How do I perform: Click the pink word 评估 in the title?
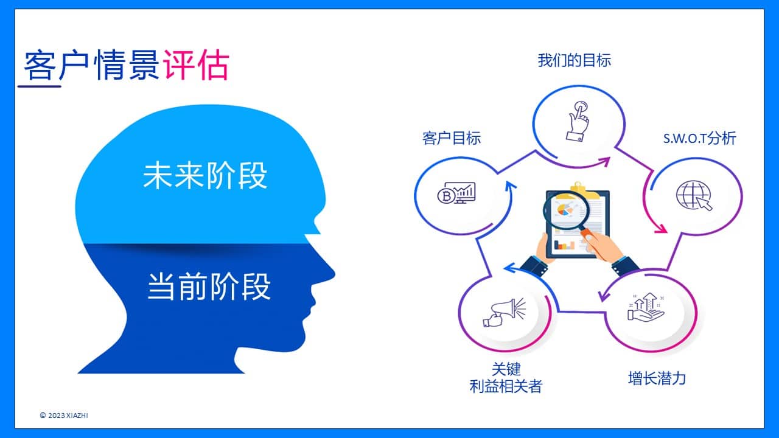[196, 65]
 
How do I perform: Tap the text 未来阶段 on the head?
[205, 175]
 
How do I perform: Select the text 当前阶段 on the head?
[209, 287]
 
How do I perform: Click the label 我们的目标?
[574, 60]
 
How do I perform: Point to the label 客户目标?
[452, 138]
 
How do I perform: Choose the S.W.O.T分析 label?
[699, 138]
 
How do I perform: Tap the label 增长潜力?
[657, 378]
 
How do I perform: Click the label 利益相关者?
[506, 386]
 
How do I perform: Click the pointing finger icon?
[578, 121]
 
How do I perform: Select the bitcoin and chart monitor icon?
[456, 193]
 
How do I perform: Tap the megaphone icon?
[505, 312]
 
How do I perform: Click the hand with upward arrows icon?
[646, 307]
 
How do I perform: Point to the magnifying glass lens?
[566, 210]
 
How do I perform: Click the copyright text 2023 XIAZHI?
[68, 415]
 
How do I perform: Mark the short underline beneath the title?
[40, 86]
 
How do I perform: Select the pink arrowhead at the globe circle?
[661, 229]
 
